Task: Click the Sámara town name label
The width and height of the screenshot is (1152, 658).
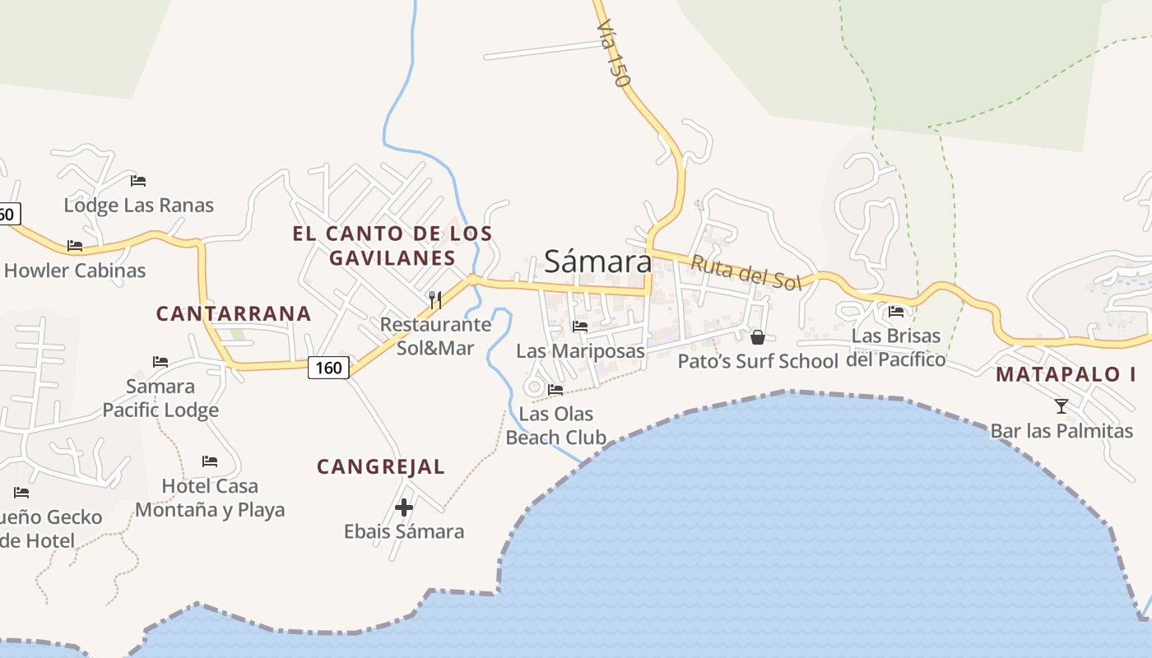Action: [x=597, y=262]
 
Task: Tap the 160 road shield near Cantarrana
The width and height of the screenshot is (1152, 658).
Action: [x=328, y=367]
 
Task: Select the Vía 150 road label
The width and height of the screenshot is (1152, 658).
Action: [x=613, y=53]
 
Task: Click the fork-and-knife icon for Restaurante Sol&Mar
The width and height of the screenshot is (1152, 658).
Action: [x=435, y=299]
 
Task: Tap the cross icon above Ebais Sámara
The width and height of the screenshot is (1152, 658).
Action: [x=404, y=507]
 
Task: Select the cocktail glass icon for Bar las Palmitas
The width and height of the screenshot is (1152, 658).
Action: [x=1061, y=405]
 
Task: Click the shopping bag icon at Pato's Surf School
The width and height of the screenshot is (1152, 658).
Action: [x=758, y=337]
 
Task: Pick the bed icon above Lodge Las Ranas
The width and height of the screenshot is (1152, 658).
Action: [x=138, y=181]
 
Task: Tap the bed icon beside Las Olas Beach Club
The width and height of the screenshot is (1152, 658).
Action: [x=555, y=390]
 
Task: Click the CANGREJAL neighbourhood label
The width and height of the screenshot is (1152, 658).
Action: [x=381, y=467]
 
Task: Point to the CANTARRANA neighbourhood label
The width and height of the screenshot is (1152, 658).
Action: [x=234, y=313]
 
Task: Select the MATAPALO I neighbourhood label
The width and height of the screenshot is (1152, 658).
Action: [x=1066, y=374]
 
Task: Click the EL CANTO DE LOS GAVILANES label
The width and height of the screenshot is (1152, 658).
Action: [x=393, y=245]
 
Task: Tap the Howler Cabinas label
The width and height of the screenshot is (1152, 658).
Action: [x=75, y=270]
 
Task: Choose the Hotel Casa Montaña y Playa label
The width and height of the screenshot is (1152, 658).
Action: [x=210, y=498]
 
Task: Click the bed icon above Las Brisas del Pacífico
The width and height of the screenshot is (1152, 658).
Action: [x=896, y=312]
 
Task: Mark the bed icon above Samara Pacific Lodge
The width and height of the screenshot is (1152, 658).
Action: [x=160, y=362]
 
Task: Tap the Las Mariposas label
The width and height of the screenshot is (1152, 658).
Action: [x=580, y=351]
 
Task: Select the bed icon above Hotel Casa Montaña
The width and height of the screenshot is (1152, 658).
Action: [x=210, y=461]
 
